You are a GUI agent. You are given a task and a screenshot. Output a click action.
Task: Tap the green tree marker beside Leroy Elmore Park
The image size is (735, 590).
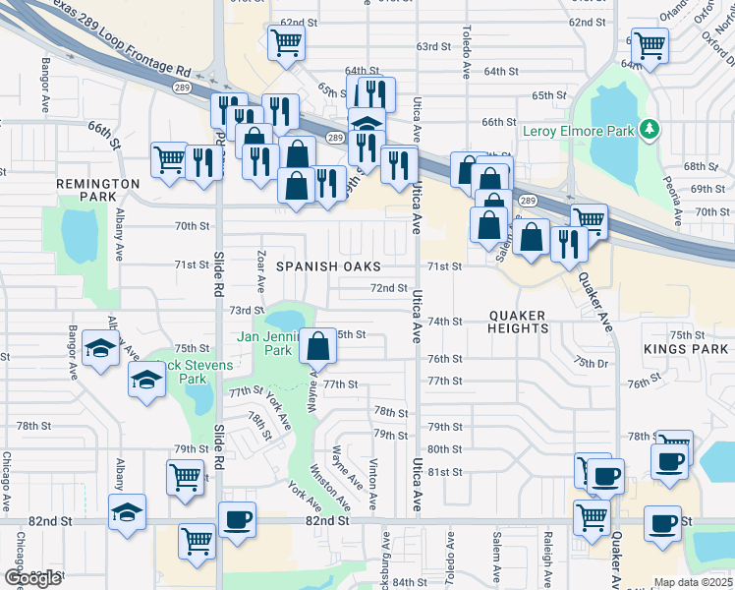(649, 130)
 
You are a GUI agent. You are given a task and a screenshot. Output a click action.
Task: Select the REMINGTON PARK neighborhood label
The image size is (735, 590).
(98, 184)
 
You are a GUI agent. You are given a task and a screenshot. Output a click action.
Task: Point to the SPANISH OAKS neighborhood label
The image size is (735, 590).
(327, 266)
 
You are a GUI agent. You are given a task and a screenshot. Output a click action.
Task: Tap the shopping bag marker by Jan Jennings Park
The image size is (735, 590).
(318, 346)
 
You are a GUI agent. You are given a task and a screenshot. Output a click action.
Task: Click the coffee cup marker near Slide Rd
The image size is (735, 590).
(236, 520)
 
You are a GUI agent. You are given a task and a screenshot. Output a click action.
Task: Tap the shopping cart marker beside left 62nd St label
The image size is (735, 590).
(286, 41)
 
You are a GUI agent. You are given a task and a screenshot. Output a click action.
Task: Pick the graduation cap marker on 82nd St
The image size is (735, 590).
(128, 512)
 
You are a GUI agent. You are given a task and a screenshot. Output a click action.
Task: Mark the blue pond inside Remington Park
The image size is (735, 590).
(78, 236)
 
